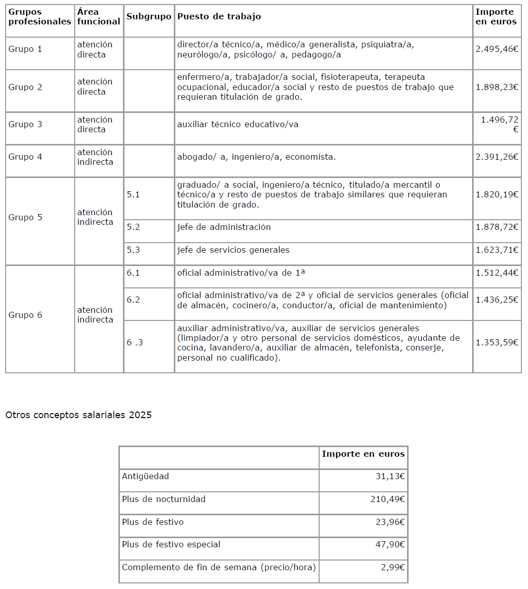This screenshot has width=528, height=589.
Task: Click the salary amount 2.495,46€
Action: (496, 49)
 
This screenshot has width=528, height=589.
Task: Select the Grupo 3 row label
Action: (25, 125)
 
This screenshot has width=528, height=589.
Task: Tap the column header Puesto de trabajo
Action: (219, 16)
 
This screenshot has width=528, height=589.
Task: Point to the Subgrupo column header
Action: (149, 16)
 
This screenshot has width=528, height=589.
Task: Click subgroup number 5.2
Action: (133, 227)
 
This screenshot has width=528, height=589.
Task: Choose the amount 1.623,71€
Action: (496, 250)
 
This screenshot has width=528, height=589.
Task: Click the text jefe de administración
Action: (224, 227)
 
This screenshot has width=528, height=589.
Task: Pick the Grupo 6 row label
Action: (25, 315)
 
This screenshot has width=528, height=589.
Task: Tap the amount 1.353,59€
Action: (496, 342)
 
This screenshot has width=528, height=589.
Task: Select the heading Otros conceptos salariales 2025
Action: (78, 415)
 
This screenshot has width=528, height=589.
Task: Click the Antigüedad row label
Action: (145, 477)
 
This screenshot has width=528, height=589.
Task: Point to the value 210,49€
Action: (387, 499)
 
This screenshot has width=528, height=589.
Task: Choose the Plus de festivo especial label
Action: (171, 545)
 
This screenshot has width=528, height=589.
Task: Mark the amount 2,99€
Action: (392, 568)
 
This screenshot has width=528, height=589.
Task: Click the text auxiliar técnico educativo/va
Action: (237, 125)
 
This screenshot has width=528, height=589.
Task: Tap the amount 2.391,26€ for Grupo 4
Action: (496, 157)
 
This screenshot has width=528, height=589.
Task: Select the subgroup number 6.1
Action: (133, 273)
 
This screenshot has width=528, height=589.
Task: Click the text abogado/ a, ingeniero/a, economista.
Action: (256, 157)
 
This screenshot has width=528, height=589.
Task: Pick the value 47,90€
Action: (390, 545)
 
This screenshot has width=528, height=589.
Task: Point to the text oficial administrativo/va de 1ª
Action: (241, 273)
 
